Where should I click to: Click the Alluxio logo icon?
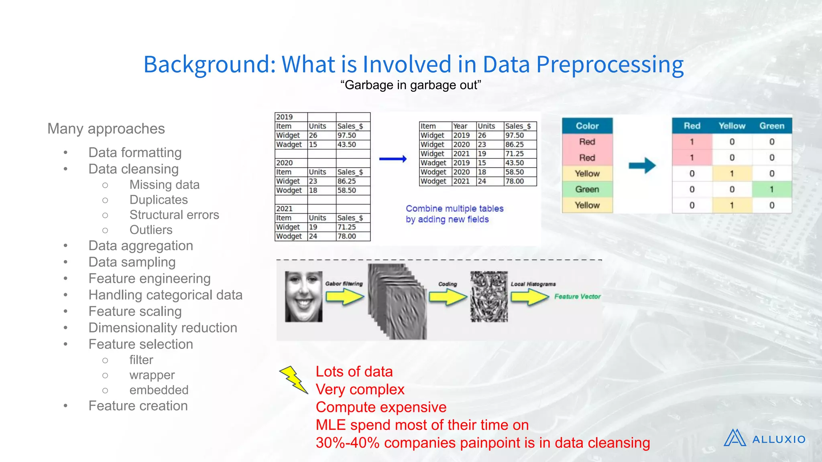click(x=735, y=438)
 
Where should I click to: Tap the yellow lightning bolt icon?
click(x=294, y=379)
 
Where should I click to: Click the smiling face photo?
click(x=303, y=296)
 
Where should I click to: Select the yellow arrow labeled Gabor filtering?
click(x=344, y=297)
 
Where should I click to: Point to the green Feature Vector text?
click(x=577, y=296)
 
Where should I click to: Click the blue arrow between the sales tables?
click(x=393, y=159)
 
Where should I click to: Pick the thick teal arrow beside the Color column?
click(x=642, y=165)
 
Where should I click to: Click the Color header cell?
click(x=587, y=126)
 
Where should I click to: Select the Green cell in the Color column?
click(x=587, y=189)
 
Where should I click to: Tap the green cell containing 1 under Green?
click(x=771, y=189)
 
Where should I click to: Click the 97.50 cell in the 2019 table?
click(x=347, y=136)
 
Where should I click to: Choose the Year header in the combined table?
click(x=460, y=126)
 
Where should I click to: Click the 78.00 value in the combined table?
click(x=515, y=181)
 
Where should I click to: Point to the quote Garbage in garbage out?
click(x=410, y=85)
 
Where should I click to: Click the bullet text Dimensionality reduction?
click(x=163, y=328)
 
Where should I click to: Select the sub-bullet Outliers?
click(x=151, y=230)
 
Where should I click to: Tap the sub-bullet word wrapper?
click(x=152, y=375)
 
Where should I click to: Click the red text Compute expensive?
click(x=381, y=407)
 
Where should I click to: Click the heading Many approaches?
click(x=106, y=129)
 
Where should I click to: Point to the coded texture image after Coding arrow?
click(x=489, y=296)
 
